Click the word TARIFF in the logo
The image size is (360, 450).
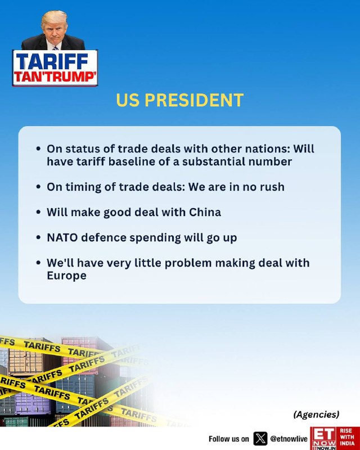(52, 61)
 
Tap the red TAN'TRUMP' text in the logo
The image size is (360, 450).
(55, 77)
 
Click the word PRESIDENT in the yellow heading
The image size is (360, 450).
(193, 100)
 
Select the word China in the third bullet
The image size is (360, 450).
(205, 212)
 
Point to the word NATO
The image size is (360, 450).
(62, 237)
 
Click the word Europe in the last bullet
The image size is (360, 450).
(66, 276)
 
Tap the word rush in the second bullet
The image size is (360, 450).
(272, 187)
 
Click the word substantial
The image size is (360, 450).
(214, 161)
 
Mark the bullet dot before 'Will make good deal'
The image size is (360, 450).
(38, 213)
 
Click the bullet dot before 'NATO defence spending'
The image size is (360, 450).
(38, 237)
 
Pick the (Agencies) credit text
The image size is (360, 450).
(316, 415)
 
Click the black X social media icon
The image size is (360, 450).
(260, 439)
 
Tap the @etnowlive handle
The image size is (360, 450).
(289, 439)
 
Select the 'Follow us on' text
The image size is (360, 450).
(229, 439)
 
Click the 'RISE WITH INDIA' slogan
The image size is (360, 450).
(348, 437)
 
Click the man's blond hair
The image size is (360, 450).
(54, 18)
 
